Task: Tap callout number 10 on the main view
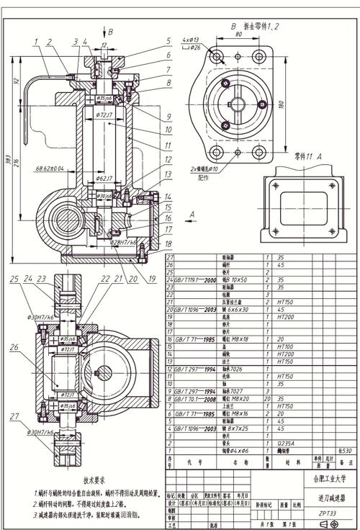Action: pos(168,130)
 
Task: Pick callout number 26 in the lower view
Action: pos(14,347)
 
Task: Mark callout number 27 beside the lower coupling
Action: pos(14,416)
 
